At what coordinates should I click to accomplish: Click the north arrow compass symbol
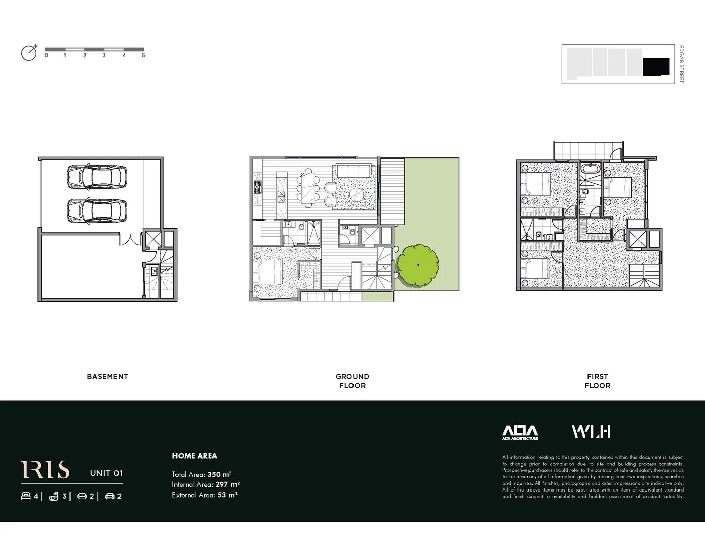(x=29, y=53)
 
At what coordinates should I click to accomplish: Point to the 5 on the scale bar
(x=143, y=56)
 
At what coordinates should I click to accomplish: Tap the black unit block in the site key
(x=656, y=66)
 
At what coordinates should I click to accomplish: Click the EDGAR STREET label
(x=681, y=64)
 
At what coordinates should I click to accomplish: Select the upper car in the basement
(x=96, y=177)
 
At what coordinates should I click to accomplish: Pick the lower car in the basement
(x=96, y=211)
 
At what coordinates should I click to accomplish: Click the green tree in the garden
(x=418, y=265)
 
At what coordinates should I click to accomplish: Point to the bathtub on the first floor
(x=589, y=169)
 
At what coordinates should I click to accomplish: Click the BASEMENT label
(x=107, y=377)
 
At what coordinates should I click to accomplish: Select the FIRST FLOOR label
(x=598, y=381)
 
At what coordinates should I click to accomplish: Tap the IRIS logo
(x=45, y=470)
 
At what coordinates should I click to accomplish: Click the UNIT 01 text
(x=106, y=473)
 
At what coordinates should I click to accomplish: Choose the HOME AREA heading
(x=195, y=456)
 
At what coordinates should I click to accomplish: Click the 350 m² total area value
(x=219, y=475)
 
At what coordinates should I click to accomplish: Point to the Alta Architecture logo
(x=520, y=432)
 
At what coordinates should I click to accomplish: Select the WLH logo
(x=591, y=431)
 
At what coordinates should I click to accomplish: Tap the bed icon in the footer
(x=26, y=496)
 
